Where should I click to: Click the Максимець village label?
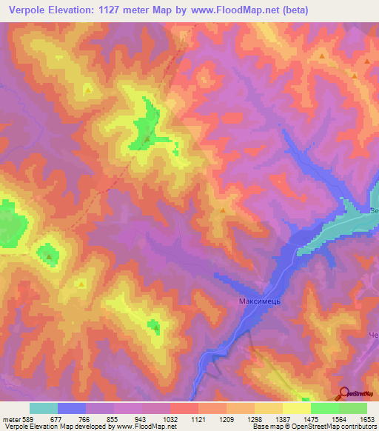click(x=258, y=301)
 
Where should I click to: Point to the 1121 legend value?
click(x=197, y=419)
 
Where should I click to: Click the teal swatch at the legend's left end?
click(x=44, y=408)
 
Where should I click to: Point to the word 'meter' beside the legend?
click(x=10, y=419)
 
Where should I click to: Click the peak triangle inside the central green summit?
click(x=147, y=138)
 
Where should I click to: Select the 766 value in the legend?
click(x=84, y=419)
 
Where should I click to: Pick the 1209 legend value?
click(x=225, y=419)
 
